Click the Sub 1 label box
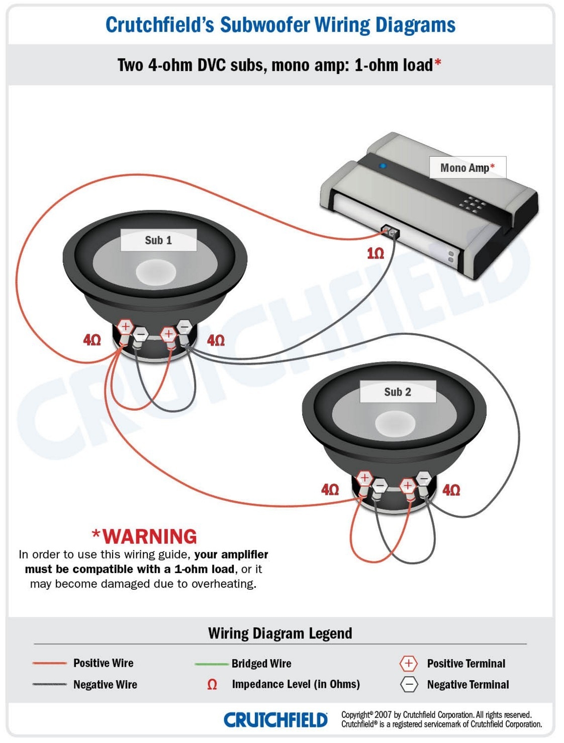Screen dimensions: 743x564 pos(158,240)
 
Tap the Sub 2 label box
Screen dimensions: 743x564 pos(398,392)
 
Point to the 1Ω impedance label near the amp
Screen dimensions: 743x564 pos(375,253)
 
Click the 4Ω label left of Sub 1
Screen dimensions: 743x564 pos(92,340)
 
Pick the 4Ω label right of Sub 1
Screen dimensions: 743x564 pos(216,340)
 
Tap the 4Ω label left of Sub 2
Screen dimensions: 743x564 pos(330,490)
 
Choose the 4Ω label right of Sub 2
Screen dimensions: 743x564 pos(451,490)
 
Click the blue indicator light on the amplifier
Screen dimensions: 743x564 pos(383,165)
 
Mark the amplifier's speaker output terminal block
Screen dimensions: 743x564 pos(390,232)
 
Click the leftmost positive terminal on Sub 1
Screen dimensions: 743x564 pos(125,327)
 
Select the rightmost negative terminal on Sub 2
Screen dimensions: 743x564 pos(424,478)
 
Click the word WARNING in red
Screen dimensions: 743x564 pos(149,536)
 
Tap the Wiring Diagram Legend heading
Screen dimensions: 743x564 pos(280,633)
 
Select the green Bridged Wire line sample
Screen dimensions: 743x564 pos(211,664)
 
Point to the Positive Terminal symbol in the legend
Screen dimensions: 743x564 pos(408,664)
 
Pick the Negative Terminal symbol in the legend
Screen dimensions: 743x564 pos(409,684)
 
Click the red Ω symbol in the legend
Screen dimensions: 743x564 pos(212,685)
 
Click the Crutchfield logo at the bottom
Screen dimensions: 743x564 pos(275,720)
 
